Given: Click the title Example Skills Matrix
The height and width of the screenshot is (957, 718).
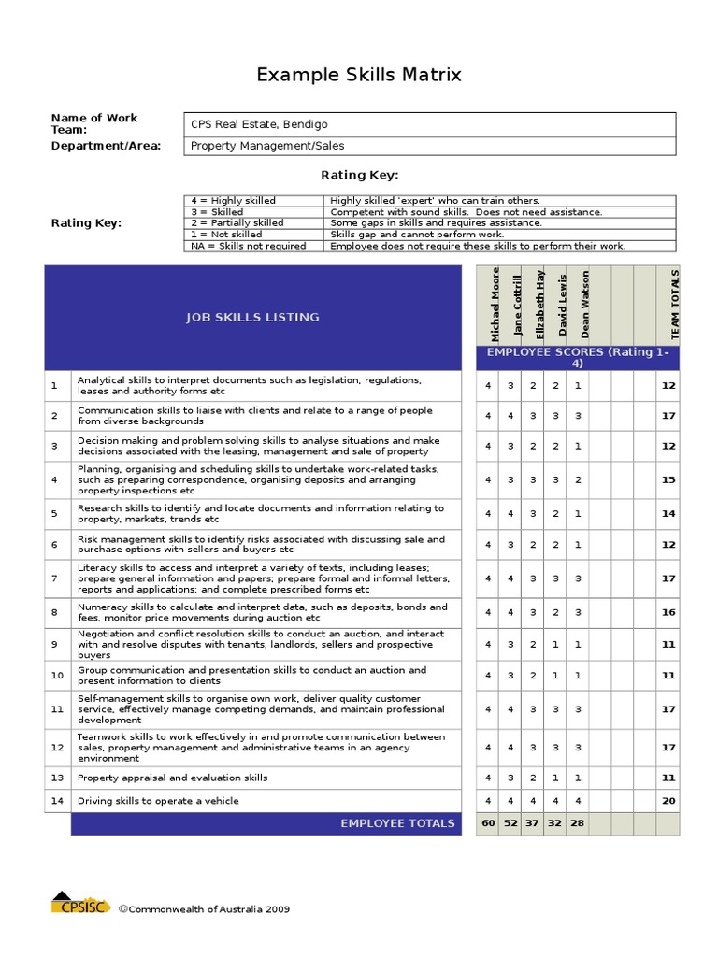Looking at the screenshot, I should pos(359,75).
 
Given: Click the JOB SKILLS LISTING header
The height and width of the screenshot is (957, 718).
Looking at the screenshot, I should pos(251,317).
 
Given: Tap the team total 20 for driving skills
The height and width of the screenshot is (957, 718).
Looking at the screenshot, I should pos(668,801).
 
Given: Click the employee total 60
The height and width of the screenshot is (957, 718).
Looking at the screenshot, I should pos(487,823).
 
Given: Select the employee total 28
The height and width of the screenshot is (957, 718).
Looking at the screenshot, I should pos(577,823).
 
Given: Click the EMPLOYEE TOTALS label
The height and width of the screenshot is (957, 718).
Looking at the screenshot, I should pos(397,823).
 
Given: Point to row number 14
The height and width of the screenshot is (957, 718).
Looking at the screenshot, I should pos(56,801).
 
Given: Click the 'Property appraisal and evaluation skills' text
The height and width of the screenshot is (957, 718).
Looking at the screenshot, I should pos(172,778).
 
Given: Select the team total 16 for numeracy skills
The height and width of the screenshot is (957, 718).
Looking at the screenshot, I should pos(668,612).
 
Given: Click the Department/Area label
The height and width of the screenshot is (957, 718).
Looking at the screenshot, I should pos(106,146).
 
